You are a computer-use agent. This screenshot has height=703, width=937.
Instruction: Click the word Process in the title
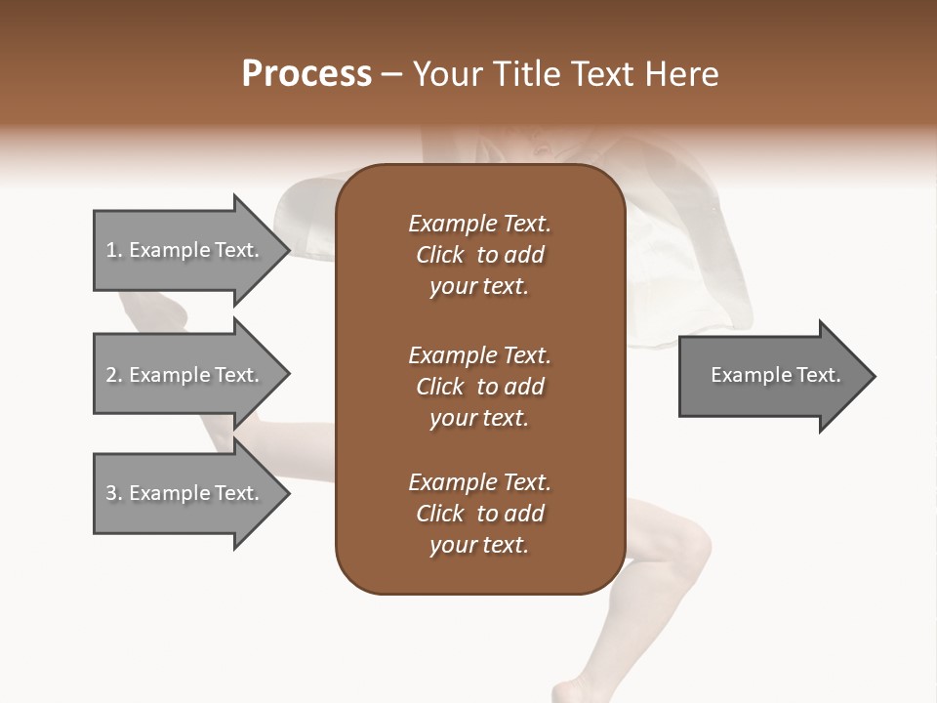point(306,74)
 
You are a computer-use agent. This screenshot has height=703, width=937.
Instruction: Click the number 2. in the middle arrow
point(114,375)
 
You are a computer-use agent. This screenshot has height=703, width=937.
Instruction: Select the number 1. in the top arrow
point(114,250)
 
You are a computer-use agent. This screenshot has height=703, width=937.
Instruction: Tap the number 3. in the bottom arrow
point(114,493)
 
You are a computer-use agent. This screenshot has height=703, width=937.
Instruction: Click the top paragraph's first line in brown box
point(479,224)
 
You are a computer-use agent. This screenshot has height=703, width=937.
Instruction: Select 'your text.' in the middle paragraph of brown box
point(479,418)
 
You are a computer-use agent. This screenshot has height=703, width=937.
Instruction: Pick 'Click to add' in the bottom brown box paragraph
point(479,514)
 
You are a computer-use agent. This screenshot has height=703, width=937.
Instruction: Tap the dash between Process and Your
point(391,75)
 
